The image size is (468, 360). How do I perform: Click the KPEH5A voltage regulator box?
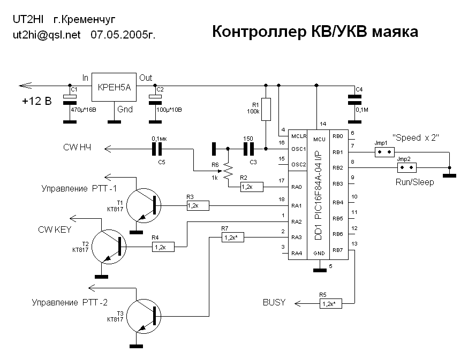tap(114, 87)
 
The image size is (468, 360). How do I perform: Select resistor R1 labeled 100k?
tap(266, 109)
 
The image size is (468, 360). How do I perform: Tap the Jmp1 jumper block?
tap(382, 152)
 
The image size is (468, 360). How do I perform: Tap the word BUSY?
tap(274, 303)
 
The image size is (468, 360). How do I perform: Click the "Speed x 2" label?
tap(416, 137)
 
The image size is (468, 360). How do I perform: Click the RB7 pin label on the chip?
tap(337, 250)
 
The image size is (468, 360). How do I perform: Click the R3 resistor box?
tap(198, 205)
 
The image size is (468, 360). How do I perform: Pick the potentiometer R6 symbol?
tap(228, 171)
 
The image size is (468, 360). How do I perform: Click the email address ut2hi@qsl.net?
tap(46, 35)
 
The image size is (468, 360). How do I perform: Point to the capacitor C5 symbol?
tap(156, 148)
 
